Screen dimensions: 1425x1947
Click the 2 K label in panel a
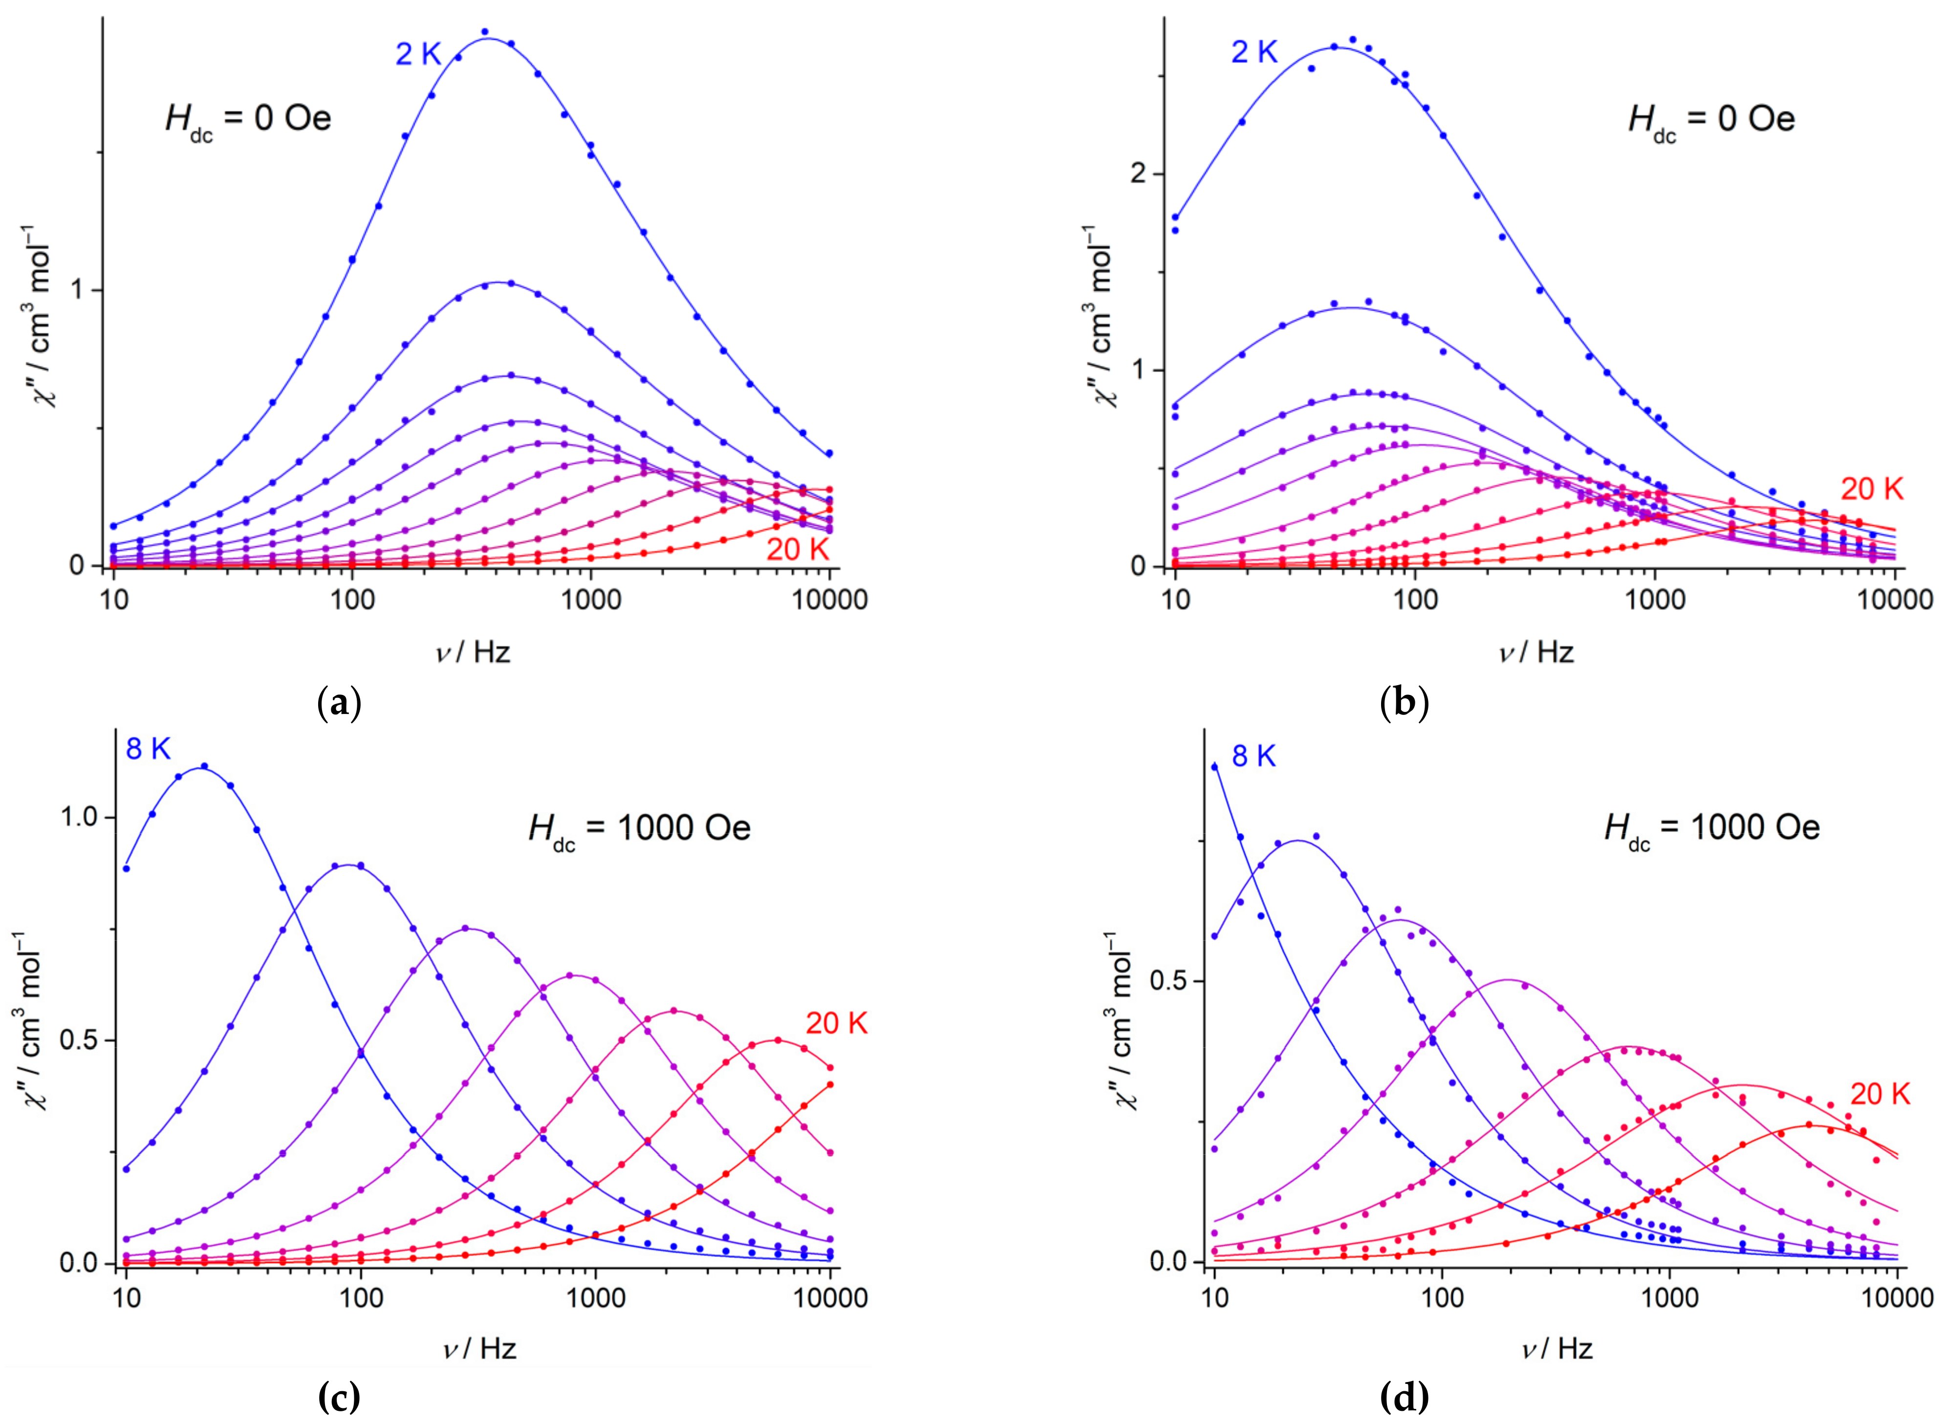coord(418,54)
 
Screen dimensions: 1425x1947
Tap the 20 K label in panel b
coord(1872,489)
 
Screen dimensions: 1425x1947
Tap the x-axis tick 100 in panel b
coord(1415,599)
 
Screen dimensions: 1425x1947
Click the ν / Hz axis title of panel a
coord(473,651)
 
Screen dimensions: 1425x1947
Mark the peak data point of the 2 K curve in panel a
coord(485,32)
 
